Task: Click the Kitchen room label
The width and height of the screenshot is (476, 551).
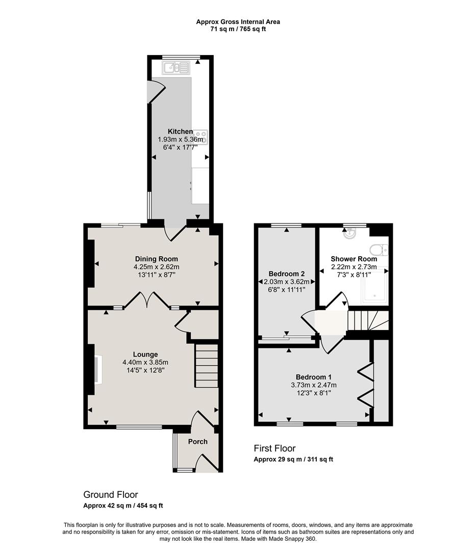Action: (180, 132)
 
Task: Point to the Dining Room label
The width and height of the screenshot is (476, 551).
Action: (156, 259)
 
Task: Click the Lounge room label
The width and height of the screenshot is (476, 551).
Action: (145, 355)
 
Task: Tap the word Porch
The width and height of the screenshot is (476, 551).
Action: (197, 441)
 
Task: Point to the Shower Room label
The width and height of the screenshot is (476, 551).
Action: (354, 259)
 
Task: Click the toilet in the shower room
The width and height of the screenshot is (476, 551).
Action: (380, 251)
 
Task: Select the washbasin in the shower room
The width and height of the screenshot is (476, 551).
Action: (350, 233)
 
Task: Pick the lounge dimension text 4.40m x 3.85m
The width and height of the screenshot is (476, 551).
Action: (145, 363)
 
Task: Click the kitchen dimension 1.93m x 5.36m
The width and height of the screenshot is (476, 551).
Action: (181, 139)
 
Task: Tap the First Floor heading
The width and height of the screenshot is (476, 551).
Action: (274, 448)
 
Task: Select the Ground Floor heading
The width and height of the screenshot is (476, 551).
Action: (111, 495)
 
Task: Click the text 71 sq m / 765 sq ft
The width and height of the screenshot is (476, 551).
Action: (238, 29)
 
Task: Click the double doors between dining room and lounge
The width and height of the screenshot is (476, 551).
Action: (147, 301)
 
